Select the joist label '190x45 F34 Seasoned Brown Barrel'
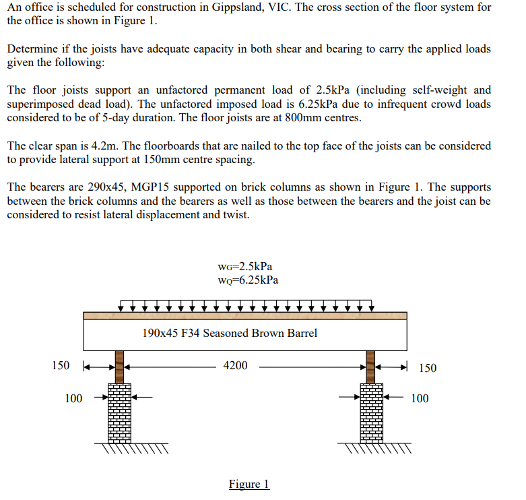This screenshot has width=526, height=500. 230,333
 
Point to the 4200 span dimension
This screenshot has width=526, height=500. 235,366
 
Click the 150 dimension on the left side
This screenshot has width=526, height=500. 61,366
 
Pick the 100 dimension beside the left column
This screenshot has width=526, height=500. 73,398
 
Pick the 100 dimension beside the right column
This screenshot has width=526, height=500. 419,398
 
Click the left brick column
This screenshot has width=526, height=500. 120,412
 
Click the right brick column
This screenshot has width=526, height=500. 371,412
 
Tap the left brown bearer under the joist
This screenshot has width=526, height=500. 120,366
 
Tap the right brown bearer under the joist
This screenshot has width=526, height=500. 371,366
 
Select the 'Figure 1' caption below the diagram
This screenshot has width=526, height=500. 249,485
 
